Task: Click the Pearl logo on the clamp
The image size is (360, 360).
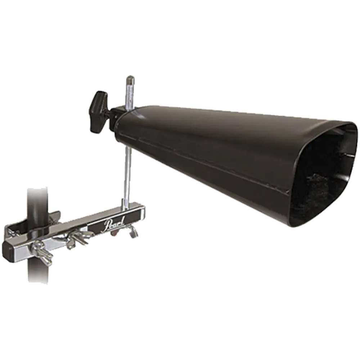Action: click(114, 223)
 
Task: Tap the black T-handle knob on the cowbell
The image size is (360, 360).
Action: click(98, 112)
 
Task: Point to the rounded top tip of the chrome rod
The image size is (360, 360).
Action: click(130, 78)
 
